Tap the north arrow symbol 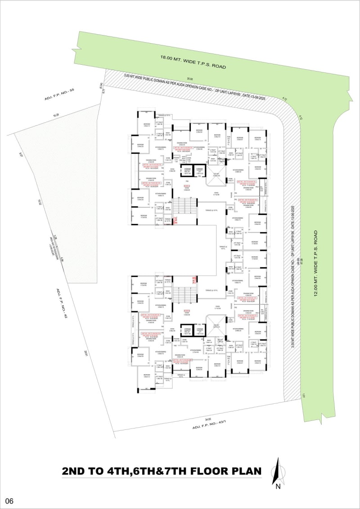[279, 469]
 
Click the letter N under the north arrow [279, 486]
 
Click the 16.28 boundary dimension [56, 116]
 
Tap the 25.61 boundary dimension [84, 354]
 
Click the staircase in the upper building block [184, 207]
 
